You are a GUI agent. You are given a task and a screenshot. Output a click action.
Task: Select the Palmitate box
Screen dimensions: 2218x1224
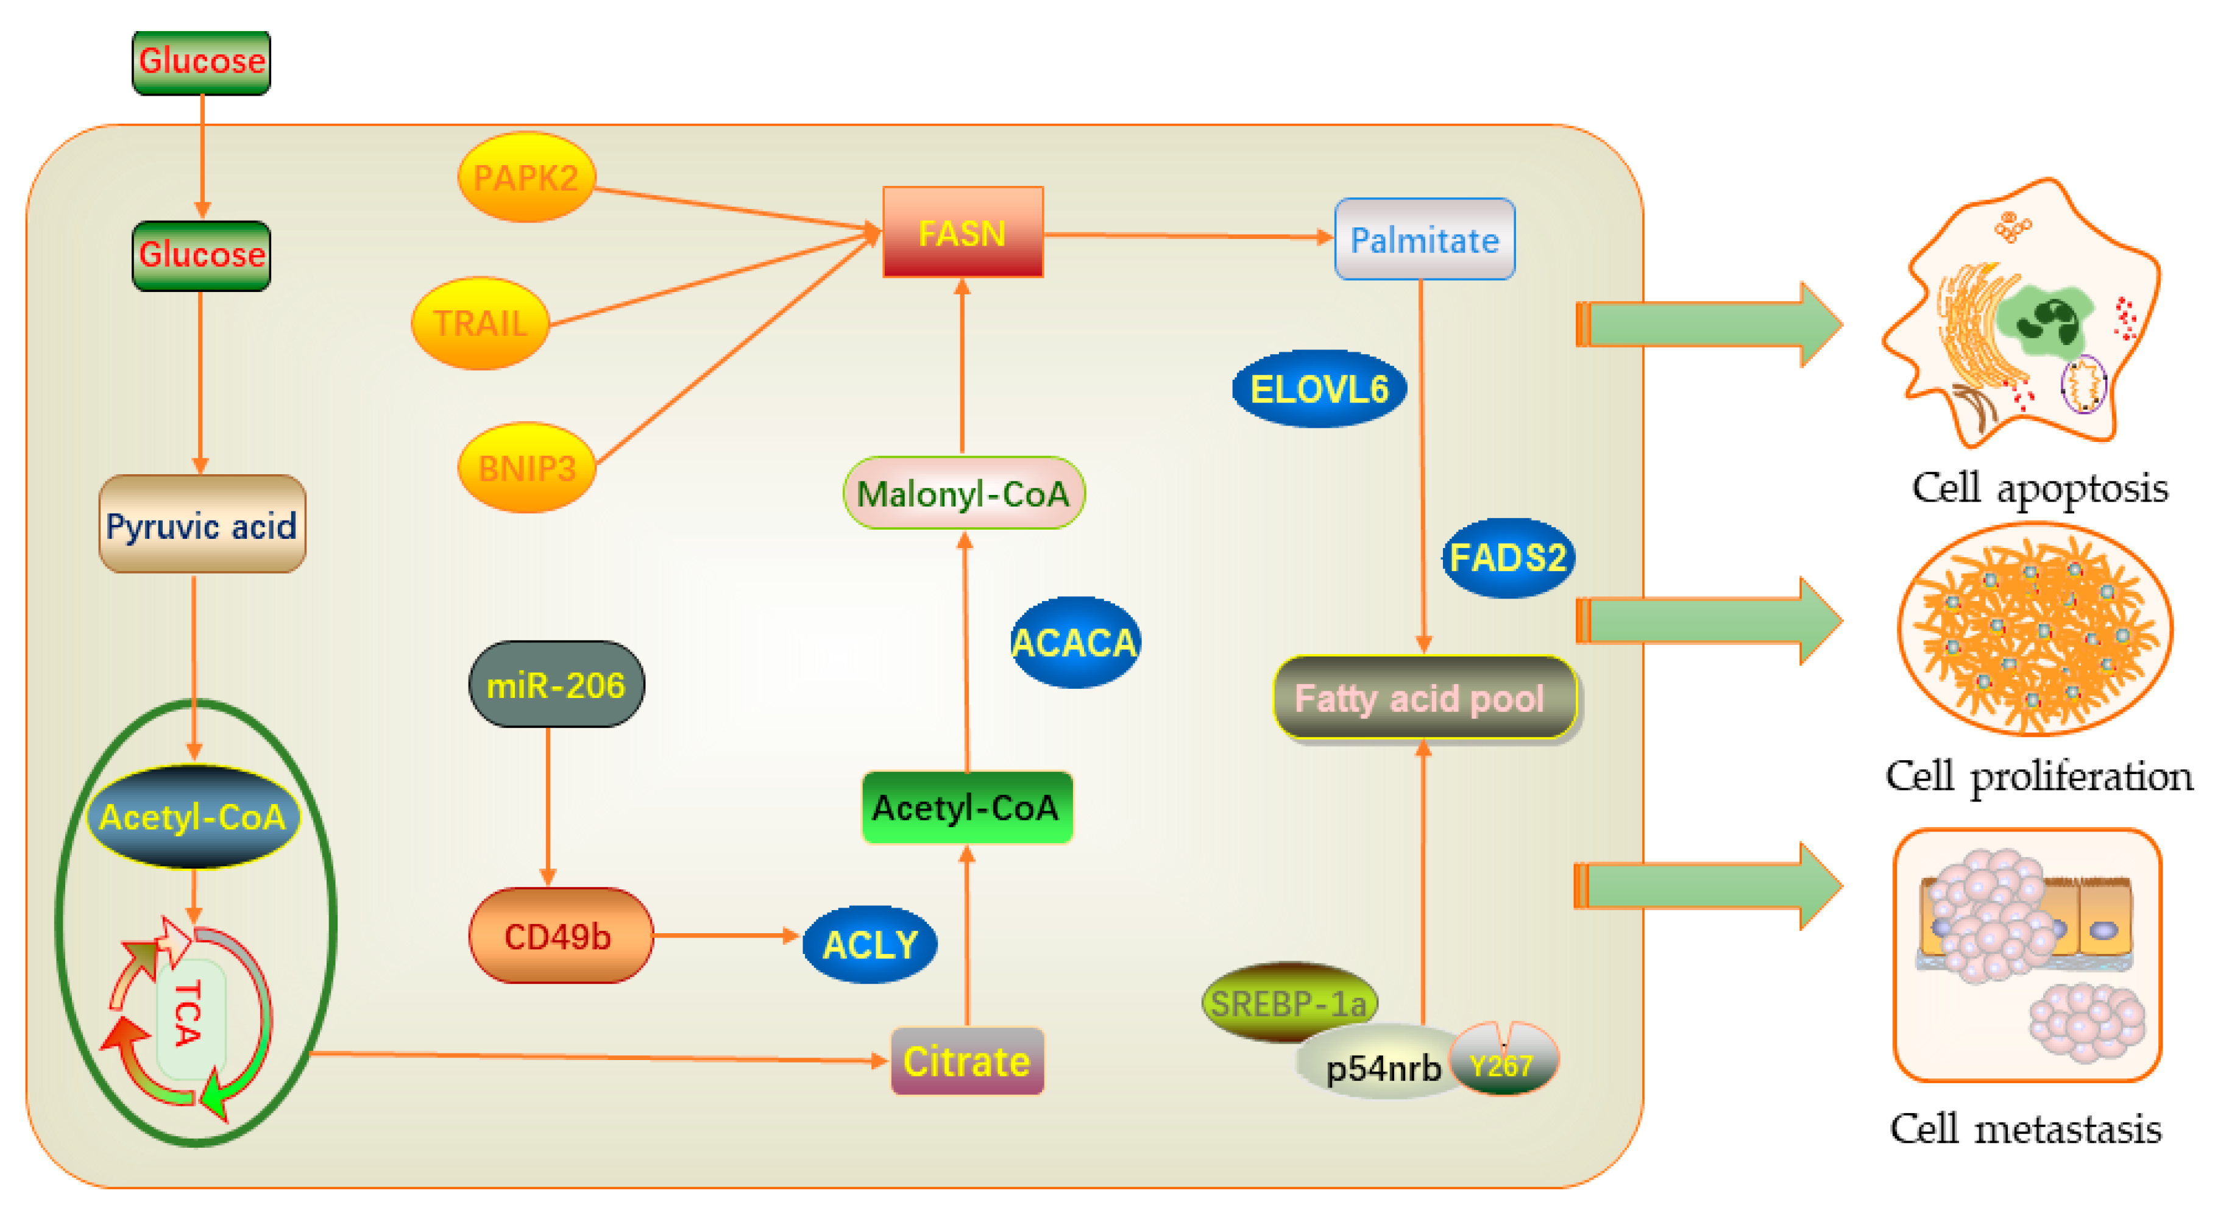pos(1424,238)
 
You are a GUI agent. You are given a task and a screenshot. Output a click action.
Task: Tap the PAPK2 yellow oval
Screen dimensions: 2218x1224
pos(526,177)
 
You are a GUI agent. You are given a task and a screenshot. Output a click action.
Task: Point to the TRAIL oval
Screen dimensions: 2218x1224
pos(480,323)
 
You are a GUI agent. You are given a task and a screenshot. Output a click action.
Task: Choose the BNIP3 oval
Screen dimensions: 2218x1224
pos(526,468)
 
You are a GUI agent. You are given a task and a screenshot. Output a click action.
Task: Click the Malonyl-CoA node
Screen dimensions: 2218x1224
pos(963,493)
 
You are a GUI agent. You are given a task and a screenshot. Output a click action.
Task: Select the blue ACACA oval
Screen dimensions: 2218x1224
pos(1074,642)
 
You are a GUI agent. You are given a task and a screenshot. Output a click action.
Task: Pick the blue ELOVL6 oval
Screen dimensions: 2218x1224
pos(1319,388)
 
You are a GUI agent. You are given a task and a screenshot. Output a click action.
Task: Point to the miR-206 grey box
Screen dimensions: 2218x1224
pos(556,685)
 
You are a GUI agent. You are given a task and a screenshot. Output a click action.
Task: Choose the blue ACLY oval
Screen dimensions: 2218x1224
pos(870,945)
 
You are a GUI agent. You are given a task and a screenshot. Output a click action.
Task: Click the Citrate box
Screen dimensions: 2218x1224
pos(967,1061)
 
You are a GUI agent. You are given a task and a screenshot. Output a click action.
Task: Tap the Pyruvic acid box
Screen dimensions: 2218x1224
pos(202,524)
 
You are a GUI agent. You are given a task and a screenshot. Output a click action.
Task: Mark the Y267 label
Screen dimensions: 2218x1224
pos(1501,1066)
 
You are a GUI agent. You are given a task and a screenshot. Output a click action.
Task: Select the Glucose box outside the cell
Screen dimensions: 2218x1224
pos(202,62)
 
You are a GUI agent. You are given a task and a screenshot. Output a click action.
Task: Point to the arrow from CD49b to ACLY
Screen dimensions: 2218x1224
pos(726,936)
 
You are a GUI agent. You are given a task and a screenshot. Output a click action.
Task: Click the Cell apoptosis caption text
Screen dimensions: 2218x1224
pos(2040,488)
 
